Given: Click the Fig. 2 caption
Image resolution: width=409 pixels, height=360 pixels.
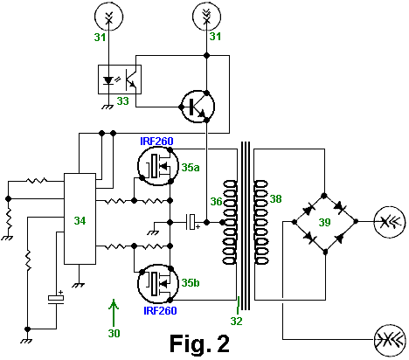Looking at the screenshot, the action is click(x=199, y=343).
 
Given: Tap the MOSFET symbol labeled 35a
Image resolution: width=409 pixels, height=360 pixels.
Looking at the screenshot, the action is click(x=158, y=166).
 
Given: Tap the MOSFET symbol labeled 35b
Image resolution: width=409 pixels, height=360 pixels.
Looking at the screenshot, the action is click(x=158, y=284).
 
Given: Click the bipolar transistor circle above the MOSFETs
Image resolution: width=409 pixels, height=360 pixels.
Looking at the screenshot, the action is click(x=198, y=107).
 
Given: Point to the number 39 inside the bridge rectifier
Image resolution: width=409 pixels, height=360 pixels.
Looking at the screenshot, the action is click(x=324, y=222).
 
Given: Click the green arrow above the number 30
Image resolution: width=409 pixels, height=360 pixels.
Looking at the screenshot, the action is click(x=114, y=312).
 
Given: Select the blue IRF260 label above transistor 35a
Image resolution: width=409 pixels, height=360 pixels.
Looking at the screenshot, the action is click(x=156, y=142).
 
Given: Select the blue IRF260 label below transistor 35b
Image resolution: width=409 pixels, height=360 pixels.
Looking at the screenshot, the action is click(x=160, y=311).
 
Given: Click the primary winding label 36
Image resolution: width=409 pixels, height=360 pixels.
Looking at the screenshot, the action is click(x=217, y=202).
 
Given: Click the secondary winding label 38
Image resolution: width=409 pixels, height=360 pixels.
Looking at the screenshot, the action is click(x=275, y=199).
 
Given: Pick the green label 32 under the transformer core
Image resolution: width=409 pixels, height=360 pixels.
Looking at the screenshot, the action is click(x=236, y=321).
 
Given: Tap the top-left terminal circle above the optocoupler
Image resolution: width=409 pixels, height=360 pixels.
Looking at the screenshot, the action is click(x=108, y=17).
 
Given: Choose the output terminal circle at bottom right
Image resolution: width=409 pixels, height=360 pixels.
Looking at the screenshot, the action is click(x=390, y=341).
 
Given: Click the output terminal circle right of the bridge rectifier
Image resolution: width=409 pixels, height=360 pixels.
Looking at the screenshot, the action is click(x=390, y=222).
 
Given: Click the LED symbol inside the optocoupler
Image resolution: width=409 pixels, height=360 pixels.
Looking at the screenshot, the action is click(x=108, y=80).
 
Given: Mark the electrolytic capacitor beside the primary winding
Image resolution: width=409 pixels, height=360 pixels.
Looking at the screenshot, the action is click(x=192, y=222).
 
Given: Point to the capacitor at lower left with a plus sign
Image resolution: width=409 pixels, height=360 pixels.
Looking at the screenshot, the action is click(x=56, y=298).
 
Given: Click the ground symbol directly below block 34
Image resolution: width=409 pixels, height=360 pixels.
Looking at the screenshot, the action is click(x=79, y=285).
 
